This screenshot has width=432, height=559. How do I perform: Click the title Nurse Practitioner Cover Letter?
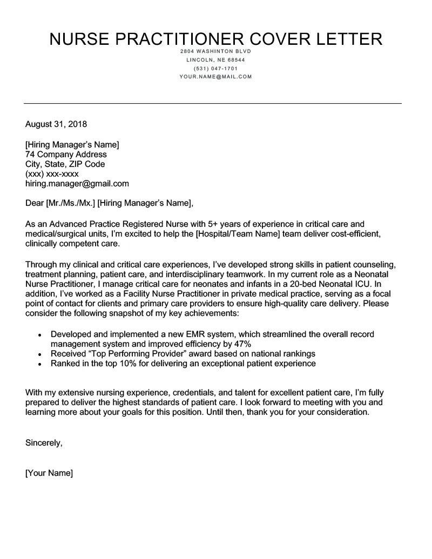tap(216, 39)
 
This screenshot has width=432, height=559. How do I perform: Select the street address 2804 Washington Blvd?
tap(216, 51)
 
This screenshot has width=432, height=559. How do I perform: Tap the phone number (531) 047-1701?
tap(216, 69)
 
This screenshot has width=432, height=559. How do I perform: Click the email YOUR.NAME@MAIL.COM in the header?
tap(216, 77)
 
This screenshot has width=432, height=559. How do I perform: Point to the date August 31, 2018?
tap(56, 124)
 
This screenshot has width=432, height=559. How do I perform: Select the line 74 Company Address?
tap(66, 154)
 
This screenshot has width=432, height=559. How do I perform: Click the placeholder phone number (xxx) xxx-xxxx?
tap(52, 174)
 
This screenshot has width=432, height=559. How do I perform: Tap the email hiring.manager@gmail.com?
tap(77, 184)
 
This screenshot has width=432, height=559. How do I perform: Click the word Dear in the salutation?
tap(35, 204)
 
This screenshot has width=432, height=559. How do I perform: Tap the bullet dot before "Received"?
tap(40, 354)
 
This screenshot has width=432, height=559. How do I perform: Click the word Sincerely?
tap(44, 443)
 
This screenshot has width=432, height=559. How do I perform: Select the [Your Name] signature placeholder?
tap(49, 473)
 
